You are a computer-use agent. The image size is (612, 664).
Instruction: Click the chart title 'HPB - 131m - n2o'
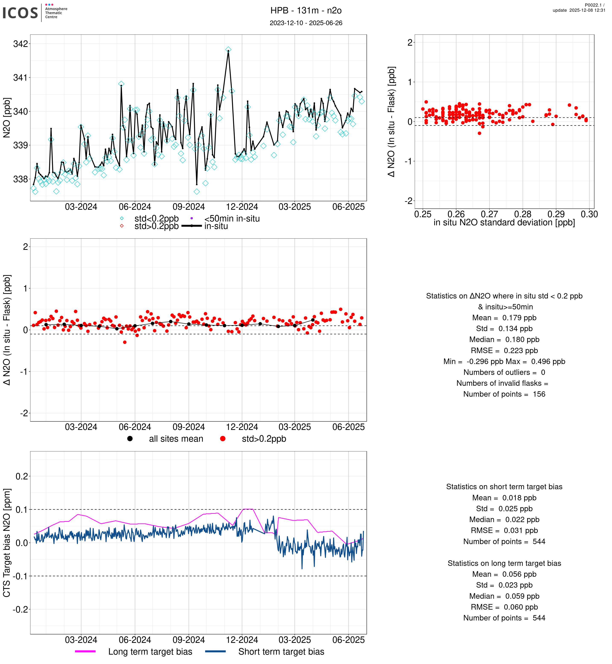[x=306, y=11]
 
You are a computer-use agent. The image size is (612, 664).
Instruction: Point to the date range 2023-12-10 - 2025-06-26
[x=306, y=23]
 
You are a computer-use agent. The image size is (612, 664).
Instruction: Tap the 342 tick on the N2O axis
[x=21, y=44]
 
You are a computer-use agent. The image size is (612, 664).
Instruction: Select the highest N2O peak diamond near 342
[x=228, y=50]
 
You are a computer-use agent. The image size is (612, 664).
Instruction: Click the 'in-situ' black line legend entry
[x=216, y=226]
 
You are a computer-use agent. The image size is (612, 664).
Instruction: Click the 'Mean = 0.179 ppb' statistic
[x=504, y=318]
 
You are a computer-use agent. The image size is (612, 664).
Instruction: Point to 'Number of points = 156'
[x=504, y=394]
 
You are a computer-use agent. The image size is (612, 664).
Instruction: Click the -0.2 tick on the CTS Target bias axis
[x=21, y=609]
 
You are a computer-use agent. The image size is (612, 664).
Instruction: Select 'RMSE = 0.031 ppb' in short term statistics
[x=504, y=530]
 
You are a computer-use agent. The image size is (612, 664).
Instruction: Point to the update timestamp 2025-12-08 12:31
[x=579, y=10]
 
